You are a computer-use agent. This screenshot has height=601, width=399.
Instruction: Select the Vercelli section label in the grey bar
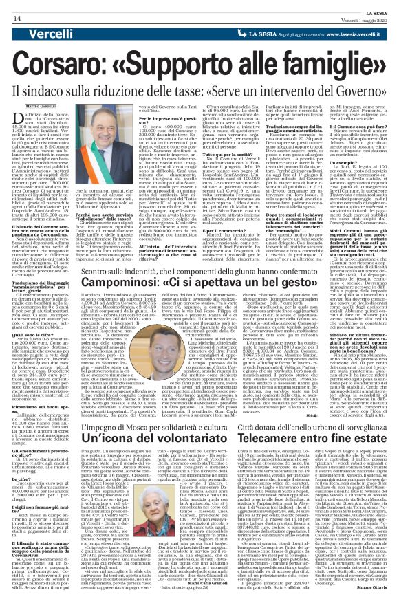[x=35, y=34]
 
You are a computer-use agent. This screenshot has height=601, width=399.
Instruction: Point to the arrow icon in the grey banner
[x=254, y=33]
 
